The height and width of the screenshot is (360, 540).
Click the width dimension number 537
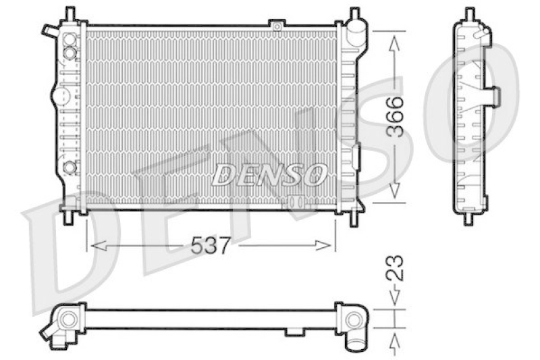pyautogui.click(x=210, y=246)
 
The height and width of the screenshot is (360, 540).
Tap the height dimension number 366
pyautogui.click(x=395, y=117)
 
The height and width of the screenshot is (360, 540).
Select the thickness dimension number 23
pyautogui.click(x=395, y=267)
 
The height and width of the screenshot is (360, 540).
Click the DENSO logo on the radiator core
pyautogui.click(x=269, y=174)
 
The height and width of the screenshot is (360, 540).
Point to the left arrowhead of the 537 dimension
pyautogui.click(x=98, y=246)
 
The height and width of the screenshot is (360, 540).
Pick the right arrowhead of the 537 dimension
pyautogui.click(x=323, y=246)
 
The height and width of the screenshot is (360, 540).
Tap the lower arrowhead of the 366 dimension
pyautogui.click(x=395, y=190)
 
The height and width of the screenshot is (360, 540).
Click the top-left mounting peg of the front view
pyautogui.click(x=70, y=13)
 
